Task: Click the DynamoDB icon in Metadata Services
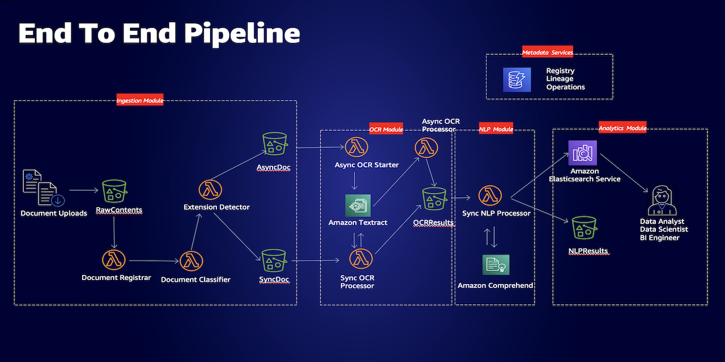click(x=517, y=80)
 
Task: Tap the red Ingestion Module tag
click(x=140, y=100)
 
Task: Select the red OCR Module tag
click(x=386, y=130)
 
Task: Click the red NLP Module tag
click(x=496, y=129)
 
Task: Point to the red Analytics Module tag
click(x=622, y=128)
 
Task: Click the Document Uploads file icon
click(x=44, y=187)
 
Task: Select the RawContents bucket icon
click(x=114, y=191)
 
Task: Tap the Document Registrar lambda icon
click(x=114, y=260)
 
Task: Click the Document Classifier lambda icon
click(x=191, y=261)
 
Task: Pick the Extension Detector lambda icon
click(x=210, y=189)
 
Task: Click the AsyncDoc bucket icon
click(x=275, y=144)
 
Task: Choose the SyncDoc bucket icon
click(x=274, y=261)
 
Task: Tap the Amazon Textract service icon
click(x=358, y=205)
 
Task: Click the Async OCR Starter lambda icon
click(x=356, y=147)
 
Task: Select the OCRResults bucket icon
click(x=434, y=199)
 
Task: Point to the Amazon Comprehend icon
click(x=496, y=265)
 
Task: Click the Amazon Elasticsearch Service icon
click(x=583, y=153)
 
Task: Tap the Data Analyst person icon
click(x=662, y=200)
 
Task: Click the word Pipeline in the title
click(x=242, y=34)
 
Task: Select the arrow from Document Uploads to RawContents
click(x=84, y=190)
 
